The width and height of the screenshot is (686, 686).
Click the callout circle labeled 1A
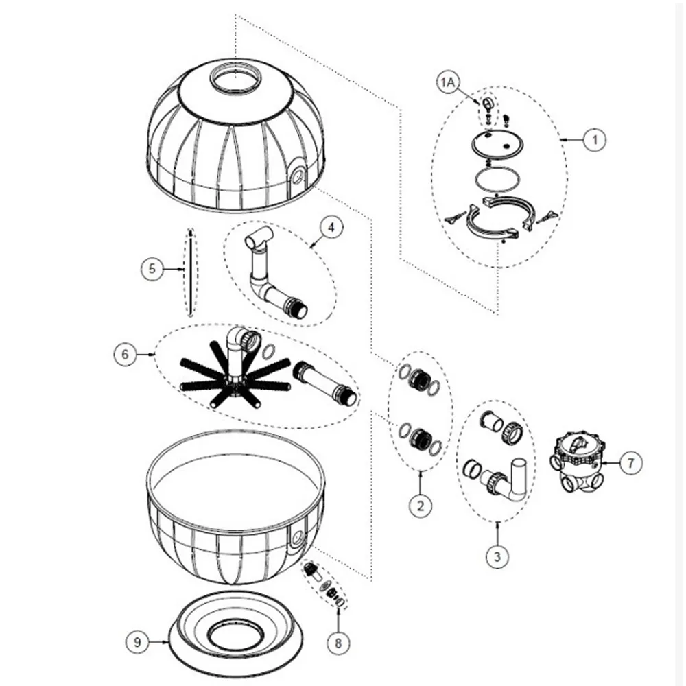coord(447,83)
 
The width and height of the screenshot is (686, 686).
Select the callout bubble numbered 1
coord(595,140)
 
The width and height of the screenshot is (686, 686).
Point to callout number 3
coord(497,556)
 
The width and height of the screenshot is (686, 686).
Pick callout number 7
coord(630,462)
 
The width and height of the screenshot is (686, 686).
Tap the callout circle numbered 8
coord(338,643)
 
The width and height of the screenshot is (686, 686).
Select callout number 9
coord(137,642)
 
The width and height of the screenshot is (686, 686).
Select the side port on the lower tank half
coord(298,534)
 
